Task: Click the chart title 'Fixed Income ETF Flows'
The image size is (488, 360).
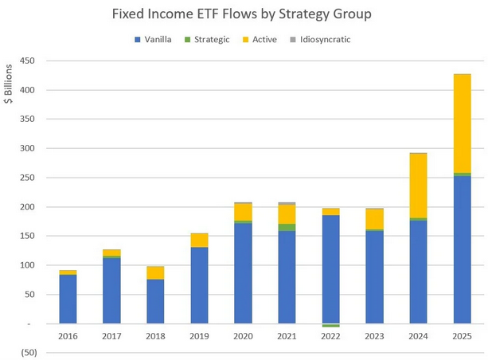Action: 244,14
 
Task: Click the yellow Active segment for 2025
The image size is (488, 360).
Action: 461,123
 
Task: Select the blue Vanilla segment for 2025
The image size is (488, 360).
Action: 461,250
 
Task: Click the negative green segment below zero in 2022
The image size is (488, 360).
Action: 330,326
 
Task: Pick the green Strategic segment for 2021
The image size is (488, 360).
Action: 287,228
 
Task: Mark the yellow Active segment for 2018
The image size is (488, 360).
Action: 156,272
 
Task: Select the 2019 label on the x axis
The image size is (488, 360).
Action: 199,338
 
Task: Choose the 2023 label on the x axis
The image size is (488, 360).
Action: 374,338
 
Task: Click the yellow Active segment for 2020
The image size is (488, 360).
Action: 243,212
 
